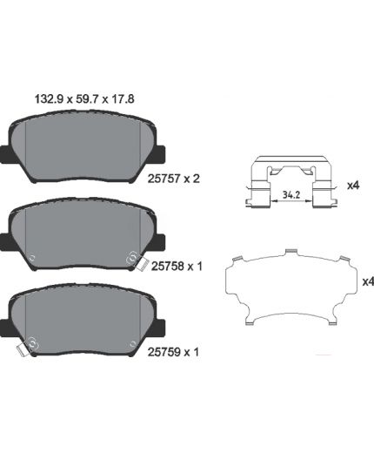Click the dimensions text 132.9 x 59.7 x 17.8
coord(84,99)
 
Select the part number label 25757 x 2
coord(174,179)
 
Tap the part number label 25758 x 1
coord(177,266)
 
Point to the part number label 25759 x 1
coord(173,352)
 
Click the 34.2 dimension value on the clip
coord(291,195)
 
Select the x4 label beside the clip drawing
coord(353,186)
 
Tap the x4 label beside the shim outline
coord(368,281)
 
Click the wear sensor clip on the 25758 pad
coord(142,264)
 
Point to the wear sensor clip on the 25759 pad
coord(23,350)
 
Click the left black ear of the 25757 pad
coord(6,154)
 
